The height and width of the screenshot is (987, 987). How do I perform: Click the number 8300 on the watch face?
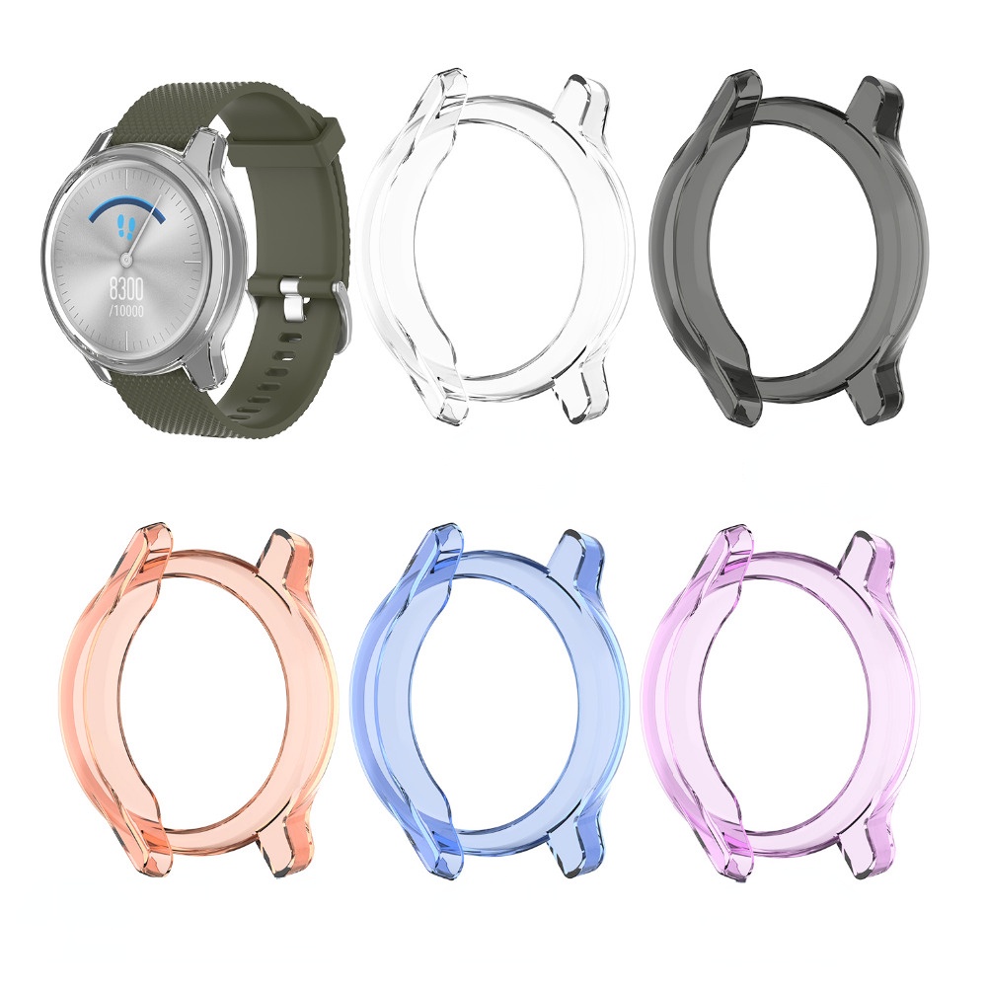126,289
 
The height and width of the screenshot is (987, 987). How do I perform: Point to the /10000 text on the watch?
126,310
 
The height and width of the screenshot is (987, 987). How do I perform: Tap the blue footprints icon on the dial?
126,225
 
